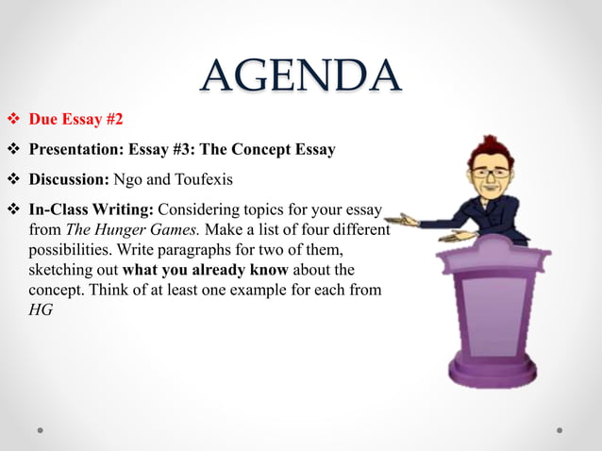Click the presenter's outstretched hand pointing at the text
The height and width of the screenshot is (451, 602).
click(x=403, y=221)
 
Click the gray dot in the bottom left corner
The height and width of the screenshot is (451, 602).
click(x=42, y=429)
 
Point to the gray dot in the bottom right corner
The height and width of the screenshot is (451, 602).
click(x=560, y=429)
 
